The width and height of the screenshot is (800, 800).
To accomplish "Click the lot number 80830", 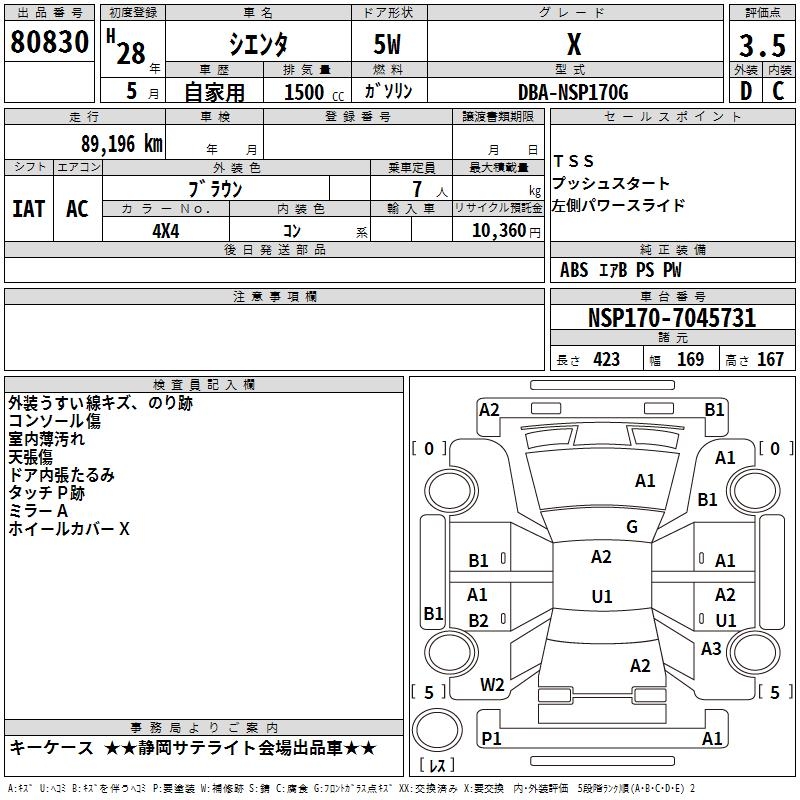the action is click(52, 43).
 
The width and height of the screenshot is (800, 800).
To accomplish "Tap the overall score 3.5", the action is click(761, 45).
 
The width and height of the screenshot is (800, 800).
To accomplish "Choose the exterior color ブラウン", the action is click(216, 188).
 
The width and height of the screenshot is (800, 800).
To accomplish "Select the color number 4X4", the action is click(166, 230).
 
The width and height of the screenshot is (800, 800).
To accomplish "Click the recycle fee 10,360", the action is click(495, 231).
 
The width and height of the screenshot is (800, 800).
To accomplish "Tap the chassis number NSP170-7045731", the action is click(671, 319).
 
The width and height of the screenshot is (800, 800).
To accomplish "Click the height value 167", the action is click(770, 360).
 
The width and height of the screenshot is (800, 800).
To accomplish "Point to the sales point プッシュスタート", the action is click(611, 184).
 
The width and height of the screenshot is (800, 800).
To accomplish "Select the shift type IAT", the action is click(28, 209).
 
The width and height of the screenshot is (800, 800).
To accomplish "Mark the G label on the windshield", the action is click(632, 527).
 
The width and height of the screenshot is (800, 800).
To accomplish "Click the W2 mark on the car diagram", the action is click(493, 685).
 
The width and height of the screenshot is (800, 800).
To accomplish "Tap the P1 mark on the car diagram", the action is click(491, 738).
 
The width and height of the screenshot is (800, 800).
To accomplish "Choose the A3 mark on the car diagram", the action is click(711, 649).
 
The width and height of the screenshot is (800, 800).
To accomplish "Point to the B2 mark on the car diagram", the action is click(479, 621).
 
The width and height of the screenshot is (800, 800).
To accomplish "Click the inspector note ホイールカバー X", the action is click(69, 529).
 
